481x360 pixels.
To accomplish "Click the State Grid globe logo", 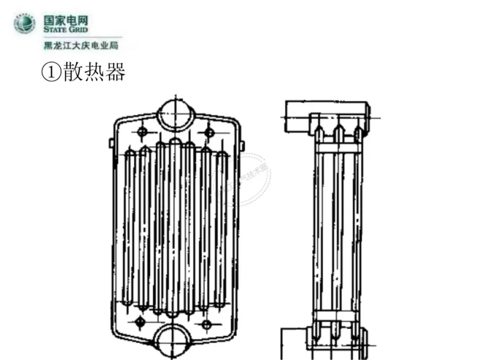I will (x=25, y=24).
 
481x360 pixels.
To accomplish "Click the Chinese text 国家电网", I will (x=65, y=20).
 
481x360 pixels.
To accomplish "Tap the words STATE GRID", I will (x=65, y=29).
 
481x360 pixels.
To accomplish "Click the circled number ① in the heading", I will (x=51, y=72).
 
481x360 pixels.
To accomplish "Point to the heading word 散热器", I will (x=94, y=72).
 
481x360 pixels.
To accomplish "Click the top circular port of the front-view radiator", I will (x=176, y=114).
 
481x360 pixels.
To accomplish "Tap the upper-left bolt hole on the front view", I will (x=143, y=132).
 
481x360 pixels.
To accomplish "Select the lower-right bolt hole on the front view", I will (x=206, y=324).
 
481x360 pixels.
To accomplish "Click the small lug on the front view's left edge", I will (x=111, y=143).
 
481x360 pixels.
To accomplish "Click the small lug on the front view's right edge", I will (x=242, y=145).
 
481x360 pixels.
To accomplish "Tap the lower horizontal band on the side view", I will (x=336, y=316).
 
